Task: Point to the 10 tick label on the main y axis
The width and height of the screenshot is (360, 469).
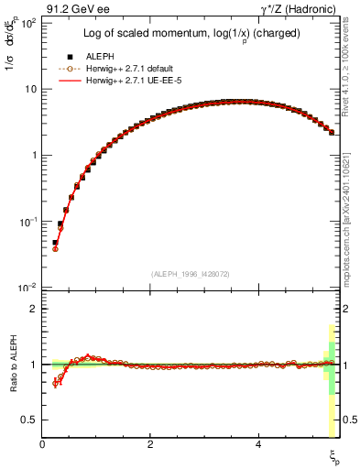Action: (x=29, y=89)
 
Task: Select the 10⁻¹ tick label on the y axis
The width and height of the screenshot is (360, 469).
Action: (x=27, y=222)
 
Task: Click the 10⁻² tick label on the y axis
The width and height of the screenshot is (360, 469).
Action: (x=27, y=288)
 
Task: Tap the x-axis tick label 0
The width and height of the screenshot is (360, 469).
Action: (x=43, y=443)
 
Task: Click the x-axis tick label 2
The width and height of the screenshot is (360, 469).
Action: (x=150, y=443)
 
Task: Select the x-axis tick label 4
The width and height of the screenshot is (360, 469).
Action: (x=258, y=443)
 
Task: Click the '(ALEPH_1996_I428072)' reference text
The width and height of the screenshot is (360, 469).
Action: (x=191, y=274)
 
